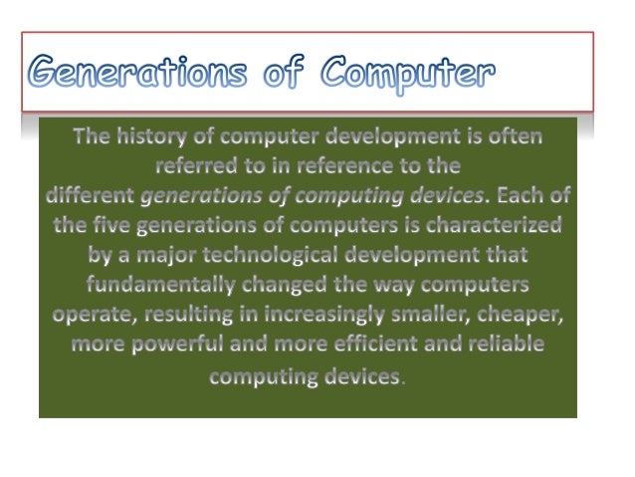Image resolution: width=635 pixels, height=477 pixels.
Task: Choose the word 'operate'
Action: tap(88, 315)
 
